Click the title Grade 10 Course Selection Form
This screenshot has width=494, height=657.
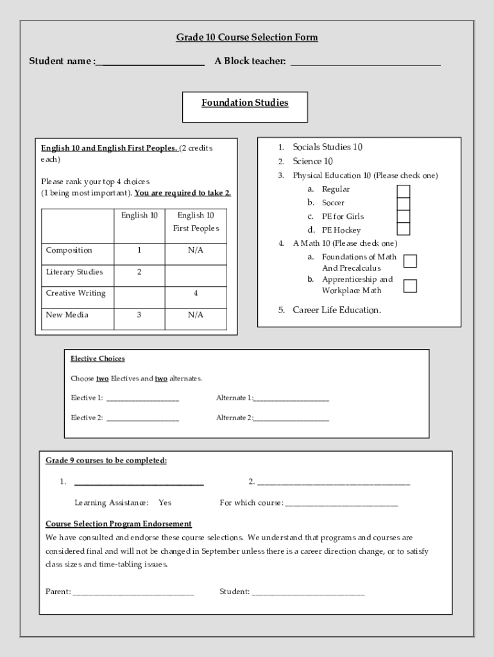247,37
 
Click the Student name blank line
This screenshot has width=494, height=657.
151,63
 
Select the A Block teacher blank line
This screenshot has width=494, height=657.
365,63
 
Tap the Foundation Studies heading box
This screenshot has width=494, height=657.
245,107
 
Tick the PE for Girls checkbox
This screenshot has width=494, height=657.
403,217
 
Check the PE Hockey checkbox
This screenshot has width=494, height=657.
403,229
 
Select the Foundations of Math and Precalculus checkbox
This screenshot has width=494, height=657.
410,261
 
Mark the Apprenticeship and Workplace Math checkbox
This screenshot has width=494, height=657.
410,286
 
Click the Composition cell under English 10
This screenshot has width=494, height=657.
139,250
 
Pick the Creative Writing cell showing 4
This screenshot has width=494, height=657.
196,293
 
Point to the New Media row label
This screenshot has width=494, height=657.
67,315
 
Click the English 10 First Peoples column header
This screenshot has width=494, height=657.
196,222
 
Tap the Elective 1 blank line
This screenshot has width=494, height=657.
142,399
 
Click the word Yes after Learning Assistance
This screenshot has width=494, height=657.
165,502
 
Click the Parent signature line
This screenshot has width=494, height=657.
133,593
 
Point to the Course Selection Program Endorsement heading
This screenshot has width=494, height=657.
119,524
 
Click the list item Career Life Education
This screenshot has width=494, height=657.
336,310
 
